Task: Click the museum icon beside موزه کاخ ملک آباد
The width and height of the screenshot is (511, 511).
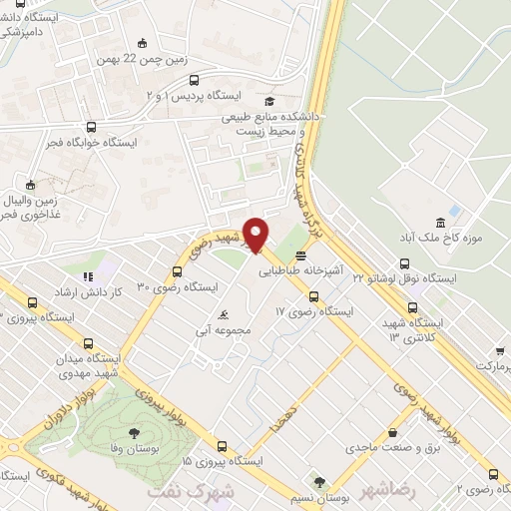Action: click(x=441, y=222)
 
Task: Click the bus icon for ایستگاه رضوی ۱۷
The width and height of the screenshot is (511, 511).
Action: click(x=313, y=296)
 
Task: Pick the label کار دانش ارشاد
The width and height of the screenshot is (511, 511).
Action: click(x=118, y=290)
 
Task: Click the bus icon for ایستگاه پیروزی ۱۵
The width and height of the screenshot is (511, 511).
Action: click(x=223, y=446)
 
